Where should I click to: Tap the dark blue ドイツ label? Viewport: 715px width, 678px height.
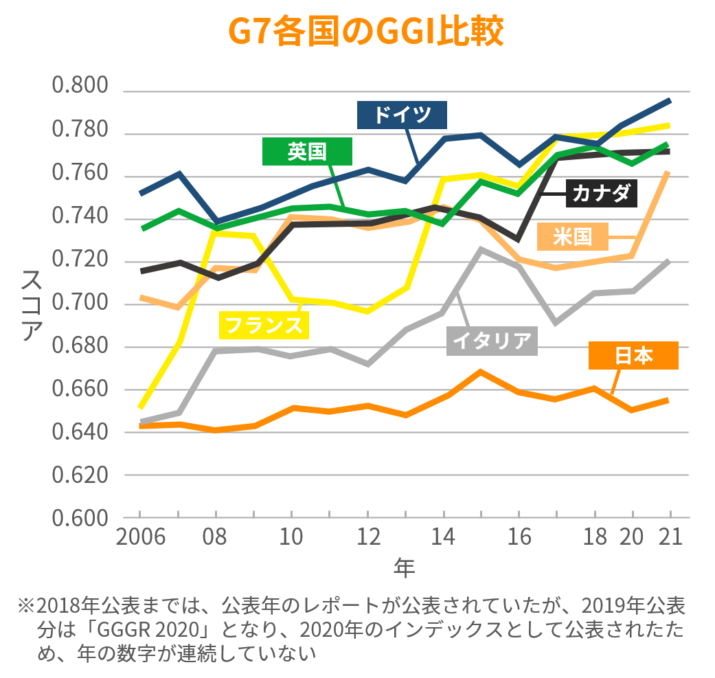tap(402, 115)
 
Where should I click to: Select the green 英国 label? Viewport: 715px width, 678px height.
tap(307, 151)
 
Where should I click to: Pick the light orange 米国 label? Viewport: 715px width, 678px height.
tap(572, 236)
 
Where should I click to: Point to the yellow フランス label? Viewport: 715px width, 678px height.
tap(264, 324)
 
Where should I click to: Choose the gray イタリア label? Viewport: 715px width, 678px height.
tap(492, 341)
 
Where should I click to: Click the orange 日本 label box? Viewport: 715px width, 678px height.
tap(633, 354)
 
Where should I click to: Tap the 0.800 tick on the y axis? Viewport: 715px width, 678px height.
tap(80, 88)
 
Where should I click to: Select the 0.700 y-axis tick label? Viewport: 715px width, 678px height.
tap(80, 303)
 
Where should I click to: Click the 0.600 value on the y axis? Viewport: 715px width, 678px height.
tap(80, 519)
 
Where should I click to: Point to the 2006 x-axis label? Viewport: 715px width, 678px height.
tap(140, 536)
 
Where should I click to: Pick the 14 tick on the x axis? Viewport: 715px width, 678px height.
tap(444, 536)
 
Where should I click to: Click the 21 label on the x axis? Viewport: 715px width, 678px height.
tap(670, 536)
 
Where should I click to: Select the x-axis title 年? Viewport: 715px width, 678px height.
tap(405, 567)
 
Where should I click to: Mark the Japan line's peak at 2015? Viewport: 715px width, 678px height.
tap(481, 372)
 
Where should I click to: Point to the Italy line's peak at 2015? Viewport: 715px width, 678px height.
tap(481, 249)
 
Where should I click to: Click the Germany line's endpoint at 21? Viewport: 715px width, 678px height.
tap(670, 100)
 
